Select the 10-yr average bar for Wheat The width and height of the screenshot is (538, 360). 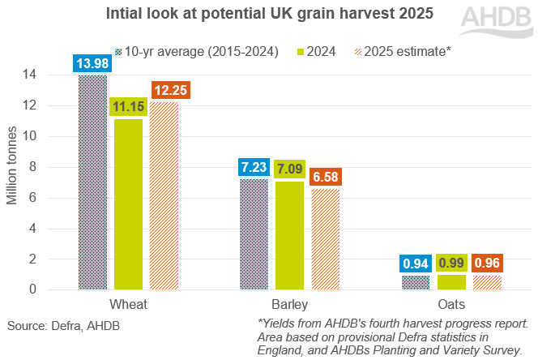pos(92,182)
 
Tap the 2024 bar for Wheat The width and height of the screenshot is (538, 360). pos(129,204)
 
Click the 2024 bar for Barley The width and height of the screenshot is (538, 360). pos(290,235)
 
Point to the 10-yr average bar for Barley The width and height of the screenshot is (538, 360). pos(254,234)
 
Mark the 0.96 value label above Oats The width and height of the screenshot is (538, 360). pos(489,264)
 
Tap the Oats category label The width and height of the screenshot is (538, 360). pos(452,304)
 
